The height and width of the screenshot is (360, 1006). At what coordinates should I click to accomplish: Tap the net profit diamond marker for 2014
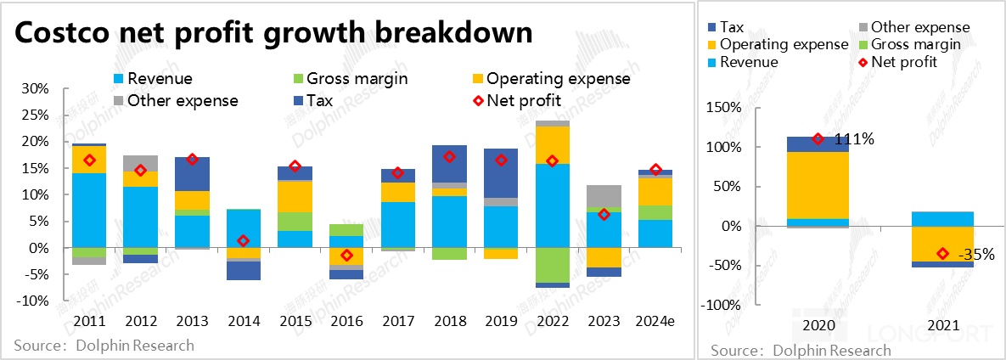(244, 241)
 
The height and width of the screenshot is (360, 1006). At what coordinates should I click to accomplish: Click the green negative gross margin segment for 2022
(552, 265)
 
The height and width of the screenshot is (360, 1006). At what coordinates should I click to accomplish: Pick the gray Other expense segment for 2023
(604, 196)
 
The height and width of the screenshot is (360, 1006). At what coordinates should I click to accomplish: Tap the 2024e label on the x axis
(655, 320)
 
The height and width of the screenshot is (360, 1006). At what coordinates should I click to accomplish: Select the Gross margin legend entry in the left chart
(357, 79)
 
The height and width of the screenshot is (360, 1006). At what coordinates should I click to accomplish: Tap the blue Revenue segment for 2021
(942, 219)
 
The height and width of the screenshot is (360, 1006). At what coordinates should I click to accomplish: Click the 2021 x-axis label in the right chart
(942, 326)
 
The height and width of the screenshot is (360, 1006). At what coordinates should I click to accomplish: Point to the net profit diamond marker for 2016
(346, 256)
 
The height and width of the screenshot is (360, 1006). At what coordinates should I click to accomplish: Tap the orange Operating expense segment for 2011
(89, 160)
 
